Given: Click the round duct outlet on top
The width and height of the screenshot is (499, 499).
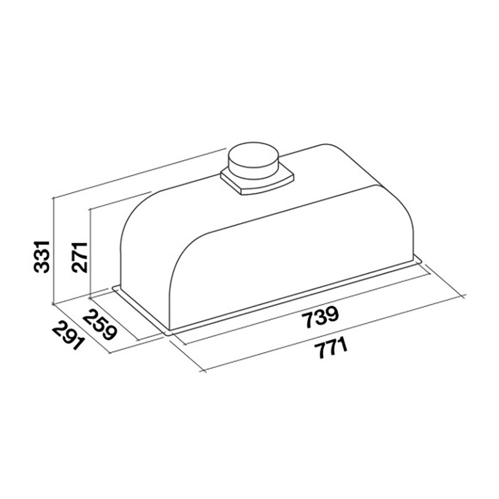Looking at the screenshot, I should click(x=253, y=159).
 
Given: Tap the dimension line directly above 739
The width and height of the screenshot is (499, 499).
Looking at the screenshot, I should click(x=310, y=303).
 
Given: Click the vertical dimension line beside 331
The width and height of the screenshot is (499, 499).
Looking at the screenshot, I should click(x=53, y=249).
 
